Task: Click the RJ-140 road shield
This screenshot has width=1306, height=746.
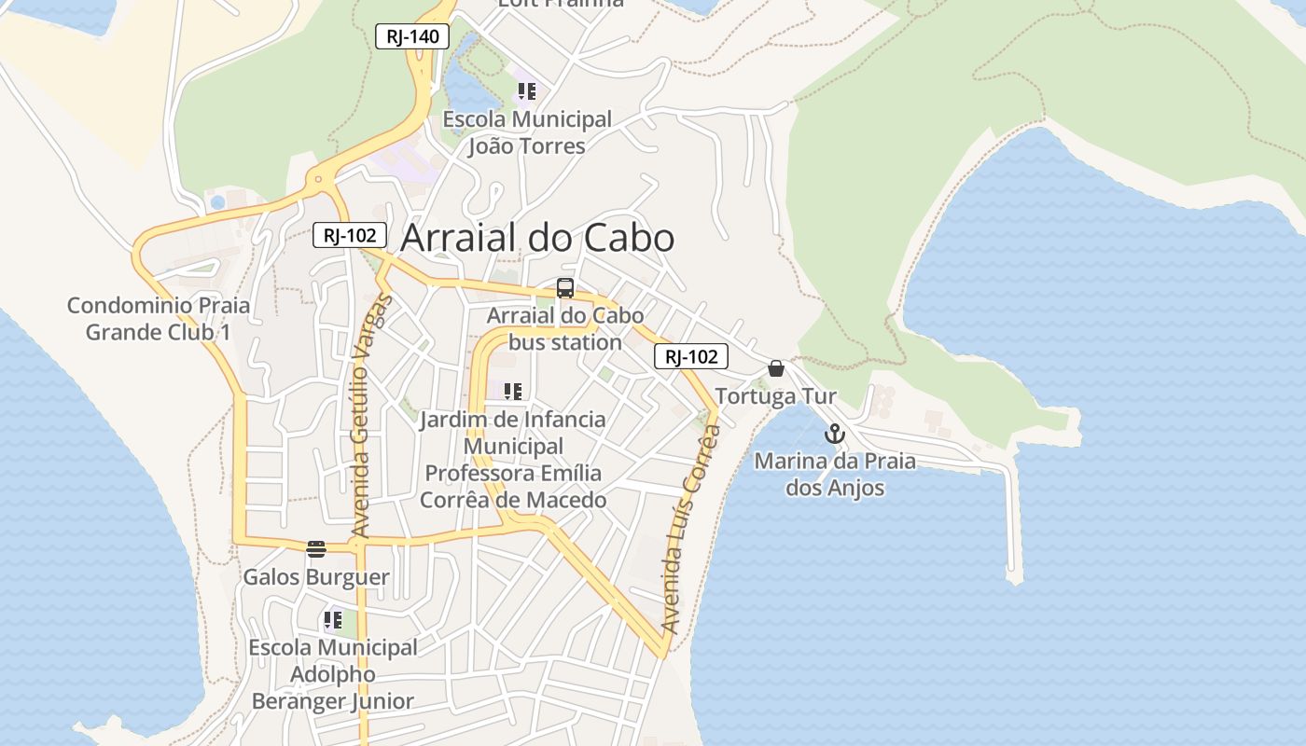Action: [x=412, y=37]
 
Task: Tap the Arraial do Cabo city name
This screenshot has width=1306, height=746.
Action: [x=537, y=239]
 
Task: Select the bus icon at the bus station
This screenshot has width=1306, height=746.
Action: [x=564, y=288]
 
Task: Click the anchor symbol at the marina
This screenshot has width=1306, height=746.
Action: [x=835, y=434]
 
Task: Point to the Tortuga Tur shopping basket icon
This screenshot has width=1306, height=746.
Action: [x=776, y=369]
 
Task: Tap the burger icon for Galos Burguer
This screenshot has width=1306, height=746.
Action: [x=316, y=548]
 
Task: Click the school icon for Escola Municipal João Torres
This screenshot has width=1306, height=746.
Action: [x=527, y=91]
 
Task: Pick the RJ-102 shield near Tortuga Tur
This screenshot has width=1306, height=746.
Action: [x=691, y=356]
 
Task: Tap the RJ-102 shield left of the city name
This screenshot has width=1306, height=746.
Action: [x=350, y=235]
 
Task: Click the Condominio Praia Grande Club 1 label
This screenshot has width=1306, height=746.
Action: [x=159, y=319]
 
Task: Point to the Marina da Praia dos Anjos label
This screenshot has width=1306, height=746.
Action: [x=835, y=474]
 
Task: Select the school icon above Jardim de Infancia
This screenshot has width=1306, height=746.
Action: [x=513, y=392]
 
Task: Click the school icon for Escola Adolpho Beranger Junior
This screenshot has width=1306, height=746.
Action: [x=333, y=619]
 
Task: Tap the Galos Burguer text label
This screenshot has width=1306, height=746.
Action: [x=316, y=577]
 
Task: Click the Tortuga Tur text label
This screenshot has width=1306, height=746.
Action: [x=776, y=397]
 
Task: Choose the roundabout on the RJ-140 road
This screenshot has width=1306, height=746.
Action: [x=319, y=178]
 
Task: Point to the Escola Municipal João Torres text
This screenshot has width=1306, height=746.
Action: [x=527, y=132]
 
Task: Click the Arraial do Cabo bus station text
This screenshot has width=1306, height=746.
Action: [x=565, y=329]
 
